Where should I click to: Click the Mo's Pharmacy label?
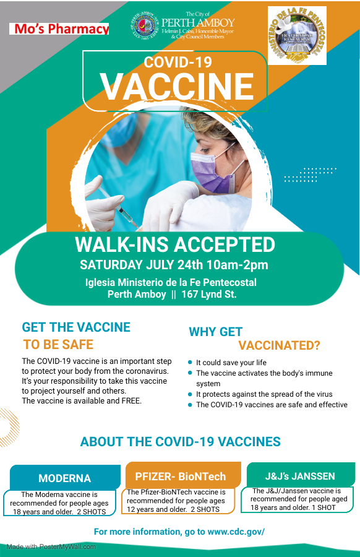point(59,28)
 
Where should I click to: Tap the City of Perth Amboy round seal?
point(145,28)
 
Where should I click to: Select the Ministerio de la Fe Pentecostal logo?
point(296,35)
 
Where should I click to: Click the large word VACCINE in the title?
point(177,87)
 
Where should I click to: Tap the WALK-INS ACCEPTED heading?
point(175,244)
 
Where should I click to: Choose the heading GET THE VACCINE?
point(76,327)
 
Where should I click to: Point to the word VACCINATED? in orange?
point(280,345)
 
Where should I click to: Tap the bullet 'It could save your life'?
point(231,363)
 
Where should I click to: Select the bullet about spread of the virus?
point(264,394)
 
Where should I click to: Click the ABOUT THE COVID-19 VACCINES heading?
point(181,442)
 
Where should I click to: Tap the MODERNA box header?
point(64,478)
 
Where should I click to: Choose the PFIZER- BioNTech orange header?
point(181,477)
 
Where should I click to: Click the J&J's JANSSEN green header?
point(300,476)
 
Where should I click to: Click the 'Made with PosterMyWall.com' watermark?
point(51,546)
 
